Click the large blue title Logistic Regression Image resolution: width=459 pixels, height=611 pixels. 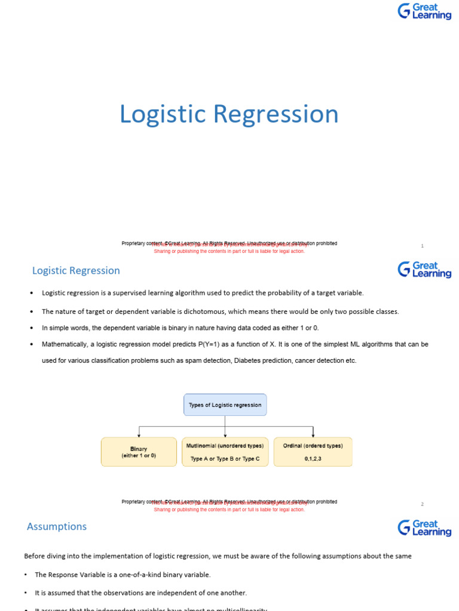[229, 114]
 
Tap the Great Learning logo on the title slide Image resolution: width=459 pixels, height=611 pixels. [424, 11]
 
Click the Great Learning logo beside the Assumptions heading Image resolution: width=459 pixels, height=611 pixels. [424, 527]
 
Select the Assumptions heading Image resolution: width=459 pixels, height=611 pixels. [57, 526]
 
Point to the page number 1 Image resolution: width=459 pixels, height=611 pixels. [422, 246]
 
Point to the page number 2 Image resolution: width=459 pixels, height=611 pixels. [422, 504]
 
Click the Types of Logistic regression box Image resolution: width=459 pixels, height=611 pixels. [225, 405]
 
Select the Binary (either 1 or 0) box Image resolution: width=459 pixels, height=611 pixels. [139, 452]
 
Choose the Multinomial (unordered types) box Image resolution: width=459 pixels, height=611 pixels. [225, 452]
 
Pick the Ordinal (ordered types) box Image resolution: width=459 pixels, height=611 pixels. [313, 452]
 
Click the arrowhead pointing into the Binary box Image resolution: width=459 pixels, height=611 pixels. [139, 435]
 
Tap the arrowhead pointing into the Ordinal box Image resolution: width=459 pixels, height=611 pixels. [313, 435]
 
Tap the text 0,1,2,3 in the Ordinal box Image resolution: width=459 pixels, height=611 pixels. [313, 459]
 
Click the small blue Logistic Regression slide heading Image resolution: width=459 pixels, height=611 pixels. [76, 270]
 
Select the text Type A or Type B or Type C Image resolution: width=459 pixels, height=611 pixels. [225, 459]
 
